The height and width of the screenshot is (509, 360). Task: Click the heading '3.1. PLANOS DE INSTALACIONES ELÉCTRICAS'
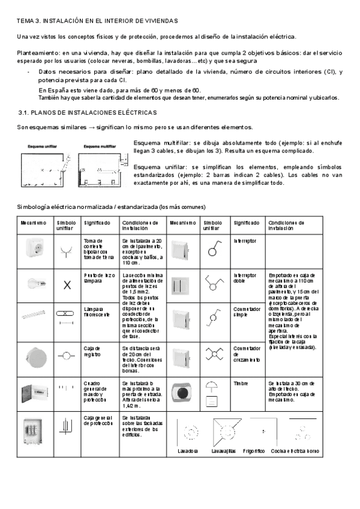(x=88, y=112)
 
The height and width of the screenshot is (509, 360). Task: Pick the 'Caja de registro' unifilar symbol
(x=66, y=355)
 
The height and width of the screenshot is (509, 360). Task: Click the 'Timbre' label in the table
(x=242, y=382)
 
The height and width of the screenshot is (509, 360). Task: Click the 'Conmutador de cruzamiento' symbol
(x=214, y=354)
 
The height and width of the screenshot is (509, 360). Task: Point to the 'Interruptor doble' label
(x=245, y=279)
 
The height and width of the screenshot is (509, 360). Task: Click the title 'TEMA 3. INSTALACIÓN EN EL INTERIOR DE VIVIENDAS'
(x=97, y=21)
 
